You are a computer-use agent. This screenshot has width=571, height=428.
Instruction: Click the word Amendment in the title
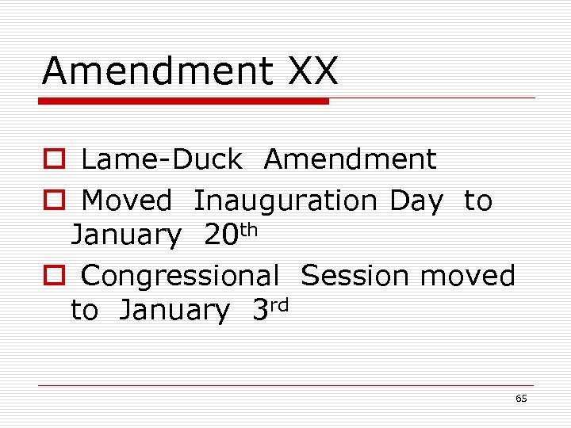point(155,71)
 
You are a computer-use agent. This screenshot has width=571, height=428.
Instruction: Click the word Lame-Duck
point(161,160)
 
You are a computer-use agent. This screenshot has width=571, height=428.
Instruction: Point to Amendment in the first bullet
point(350,160)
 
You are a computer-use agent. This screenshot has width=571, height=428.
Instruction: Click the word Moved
point(126,201)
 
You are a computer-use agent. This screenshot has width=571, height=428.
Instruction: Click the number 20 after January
point(221,235)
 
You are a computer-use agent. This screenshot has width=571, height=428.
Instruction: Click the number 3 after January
point(260,311)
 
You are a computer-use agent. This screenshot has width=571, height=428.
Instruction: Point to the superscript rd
point(278,303)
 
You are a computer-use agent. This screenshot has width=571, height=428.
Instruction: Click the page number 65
point(521,399)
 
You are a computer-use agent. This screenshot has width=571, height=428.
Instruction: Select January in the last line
point(173,311)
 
